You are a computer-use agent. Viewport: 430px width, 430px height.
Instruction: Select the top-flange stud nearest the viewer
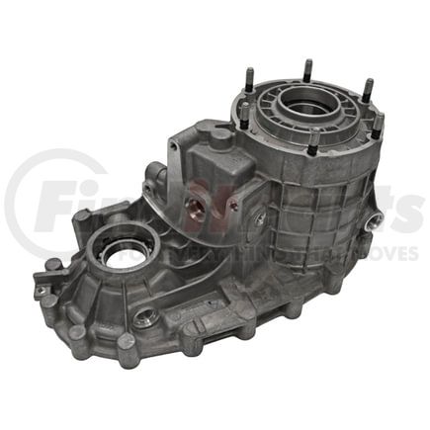tap(313, 146)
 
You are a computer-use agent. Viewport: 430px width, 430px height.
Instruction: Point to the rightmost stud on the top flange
tap(377, 125)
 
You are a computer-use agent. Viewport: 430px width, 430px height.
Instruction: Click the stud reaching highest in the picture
tap(307, 69)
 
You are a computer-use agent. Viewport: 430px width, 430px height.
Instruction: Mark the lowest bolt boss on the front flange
tap(127, 344)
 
